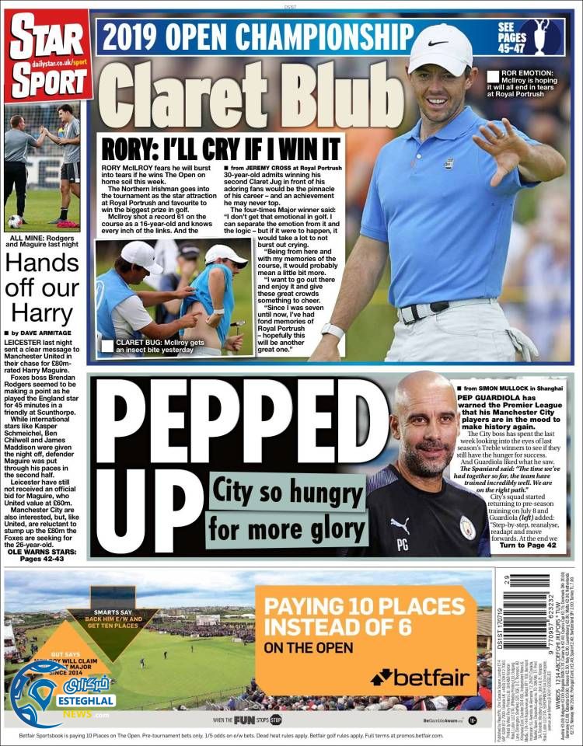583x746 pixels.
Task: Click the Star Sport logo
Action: (47, 55)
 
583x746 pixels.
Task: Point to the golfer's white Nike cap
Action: (441, 47)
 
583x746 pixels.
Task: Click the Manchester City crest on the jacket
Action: (467, 528)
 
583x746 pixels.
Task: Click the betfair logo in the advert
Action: (421, 678)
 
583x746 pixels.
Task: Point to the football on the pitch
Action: (15, 221)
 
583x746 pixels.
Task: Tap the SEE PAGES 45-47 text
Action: (511, 38)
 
